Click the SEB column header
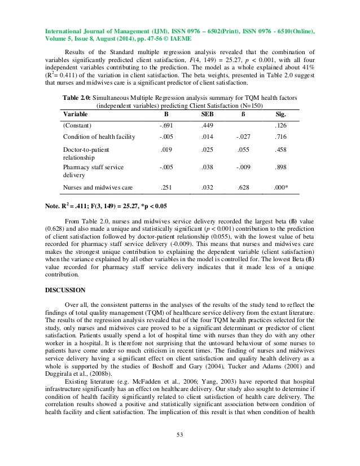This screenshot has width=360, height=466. [208, 113]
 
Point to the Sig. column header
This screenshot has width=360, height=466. [279, 113]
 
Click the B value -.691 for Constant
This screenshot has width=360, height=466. [166, 125]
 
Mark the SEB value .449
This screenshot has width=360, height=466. [208, 125]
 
